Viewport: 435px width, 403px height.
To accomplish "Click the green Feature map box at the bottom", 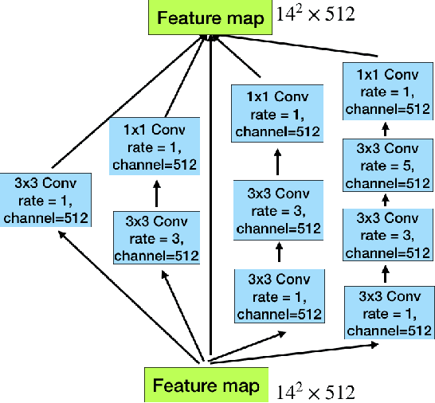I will point(206,385).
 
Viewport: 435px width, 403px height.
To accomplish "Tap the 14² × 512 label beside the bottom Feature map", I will point(315,391).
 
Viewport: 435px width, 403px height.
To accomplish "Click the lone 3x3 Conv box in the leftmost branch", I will point(45,199).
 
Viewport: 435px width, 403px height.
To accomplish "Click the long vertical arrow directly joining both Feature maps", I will point(209,199).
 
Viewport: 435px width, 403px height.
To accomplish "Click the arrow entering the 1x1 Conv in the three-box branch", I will point(277,162).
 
